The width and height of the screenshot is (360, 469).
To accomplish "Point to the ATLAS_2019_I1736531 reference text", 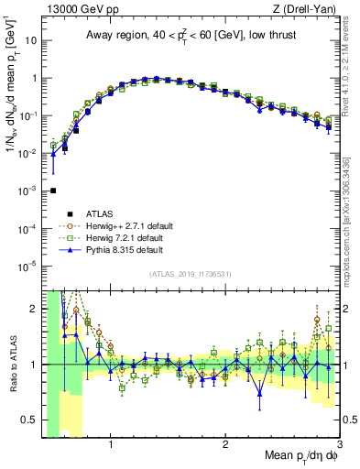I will pos(190,274).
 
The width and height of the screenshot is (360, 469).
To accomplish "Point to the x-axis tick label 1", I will pos(111,446).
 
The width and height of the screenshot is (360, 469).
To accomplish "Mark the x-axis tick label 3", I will pos(339,446).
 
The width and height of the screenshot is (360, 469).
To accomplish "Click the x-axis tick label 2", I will pos(225,446).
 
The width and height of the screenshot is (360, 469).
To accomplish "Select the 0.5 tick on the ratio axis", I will pos(28,420).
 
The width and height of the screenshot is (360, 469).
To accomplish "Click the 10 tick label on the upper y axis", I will pos(29,40).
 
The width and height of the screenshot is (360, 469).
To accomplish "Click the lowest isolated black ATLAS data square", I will pos(53,191).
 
